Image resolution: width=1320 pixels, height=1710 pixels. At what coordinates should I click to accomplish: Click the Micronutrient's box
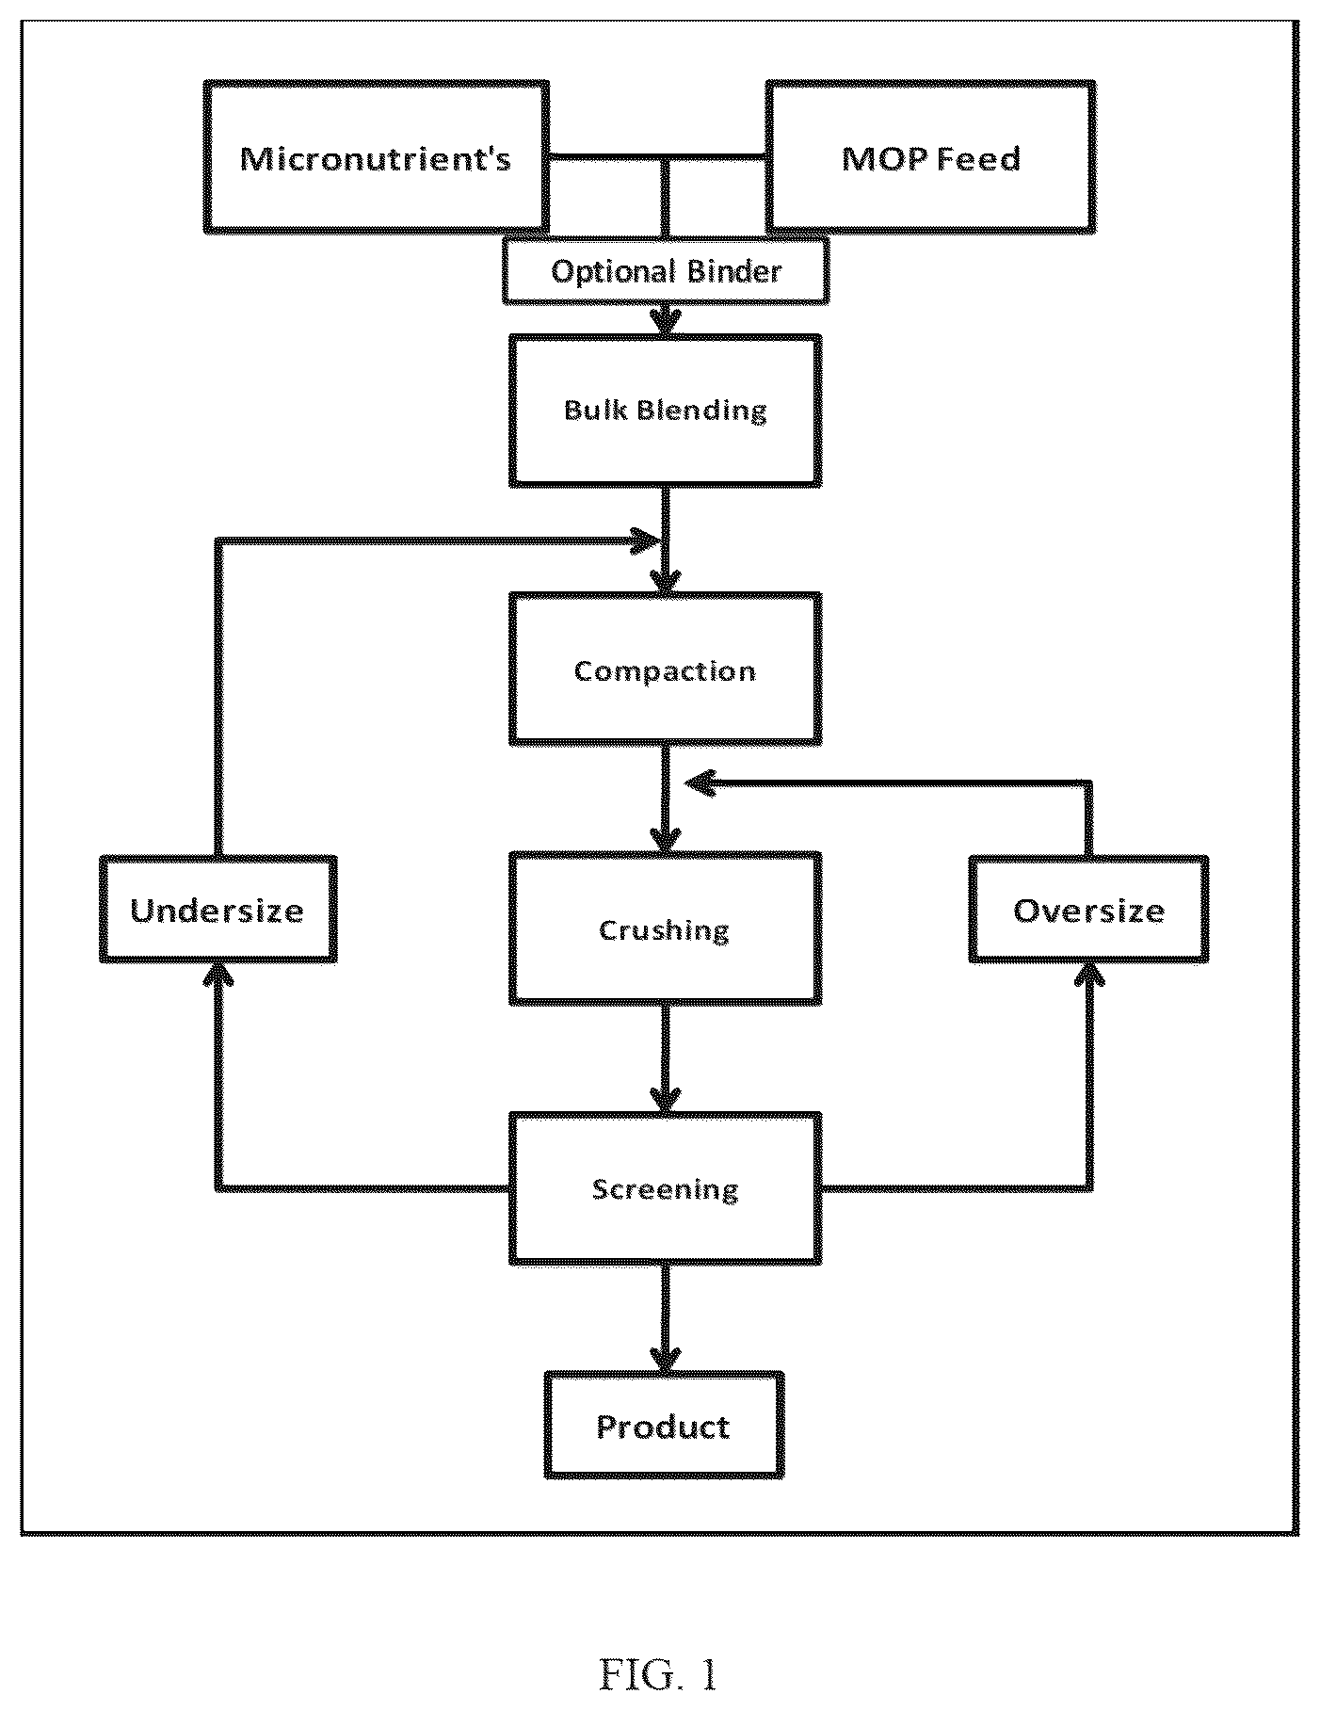click(377, 156)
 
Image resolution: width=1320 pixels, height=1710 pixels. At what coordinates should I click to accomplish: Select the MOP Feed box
click(931, 156)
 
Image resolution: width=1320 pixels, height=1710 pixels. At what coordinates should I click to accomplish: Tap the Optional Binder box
click(666, 271)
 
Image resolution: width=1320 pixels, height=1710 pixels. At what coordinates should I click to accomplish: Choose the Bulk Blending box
click(666, 411)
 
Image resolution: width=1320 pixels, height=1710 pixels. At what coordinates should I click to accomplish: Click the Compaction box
click(666, 669)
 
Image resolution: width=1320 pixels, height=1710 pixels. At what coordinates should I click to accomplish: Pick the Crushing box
click(666, 928)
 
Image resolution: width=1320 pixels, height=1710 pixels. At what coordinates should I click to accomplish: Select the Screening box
click(666, 1188)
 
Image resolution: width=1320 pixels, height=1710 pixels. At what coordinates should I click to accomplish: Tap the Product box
click(664, 1426)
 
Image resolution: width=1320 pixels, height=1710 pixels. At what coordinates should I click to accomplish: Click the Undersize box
click(217, 910)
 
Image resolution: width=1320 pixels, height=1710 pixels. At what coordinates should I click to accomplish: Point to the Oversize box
click(1089, 910)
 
